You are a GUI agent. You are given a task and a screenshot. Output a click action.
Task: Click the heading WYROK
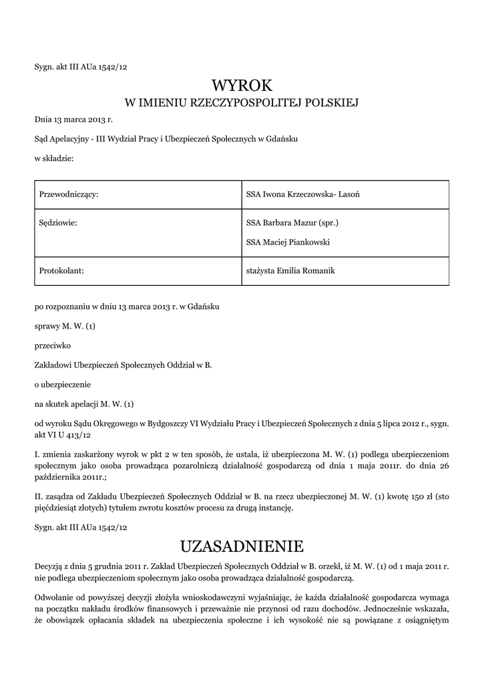[x=242, y=85]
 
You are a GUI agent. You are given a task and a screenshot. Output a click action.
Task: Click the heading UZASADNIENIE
[x=242, y=546]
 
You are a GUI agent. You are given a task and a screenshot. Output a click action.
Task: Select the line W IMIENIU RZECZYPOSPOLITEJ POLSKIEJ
[x=242, y=103]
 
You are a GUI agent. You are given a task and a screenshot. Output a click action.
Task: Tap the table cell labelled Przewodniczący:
[x=69, y=194]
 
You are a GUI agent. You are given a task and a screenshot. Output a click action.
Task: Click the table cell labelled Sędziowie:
[x=59, y=222]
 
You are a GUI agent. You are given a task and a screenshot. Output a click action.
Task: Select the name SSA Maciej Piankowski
[x=288, y=242]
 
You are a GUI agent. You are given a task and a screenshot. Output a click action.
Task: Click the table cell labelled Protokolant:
[x=61, y=271]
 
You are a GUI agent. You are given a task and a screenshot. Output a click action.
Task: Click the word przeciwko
[x=51, y=346]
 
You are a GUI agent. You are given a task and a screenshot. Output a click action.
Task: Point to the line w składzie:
[x=54, y=158]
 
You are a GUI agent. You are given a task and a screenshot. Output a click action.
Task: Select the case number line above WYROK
[x=80, y=66]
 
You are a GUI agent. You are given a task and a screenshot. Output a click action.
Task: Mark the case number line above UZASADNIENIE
[x=80, y=527]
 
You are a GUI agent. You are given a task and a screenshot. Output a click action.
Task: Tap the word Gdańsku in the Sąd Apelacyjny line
[x=282, y=139]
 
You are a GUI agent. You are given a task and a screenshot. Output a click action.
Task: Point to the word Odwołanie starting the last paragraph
[x=55, y=595]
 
